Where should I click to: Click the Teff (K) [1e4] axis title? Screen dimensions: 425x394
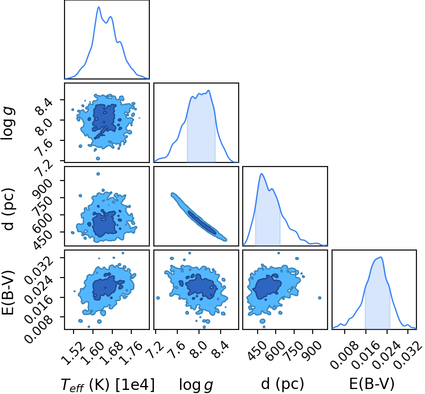point(108,385)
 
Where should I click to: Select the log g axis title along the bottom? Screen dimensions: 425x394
point(196,385)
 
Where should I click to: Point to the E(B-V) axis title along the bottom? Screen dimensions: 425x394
point(371,384)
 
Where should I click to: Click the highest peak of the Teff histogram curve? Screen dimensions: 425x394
point(99,7)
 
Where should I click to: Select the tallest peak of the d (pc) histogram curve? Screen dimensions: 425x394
point(262,174)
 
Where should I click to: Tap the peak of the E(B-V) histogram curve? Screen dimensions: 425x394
point(381,257)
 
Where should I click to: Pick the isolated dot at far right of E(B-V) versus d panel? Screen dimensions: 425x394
point(319,298)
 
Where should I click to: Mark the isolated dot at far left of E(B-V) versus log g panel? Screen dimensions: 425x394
point(158,298)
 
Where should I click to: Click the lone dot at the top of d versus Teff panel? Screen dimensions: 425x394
point(98,174)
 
